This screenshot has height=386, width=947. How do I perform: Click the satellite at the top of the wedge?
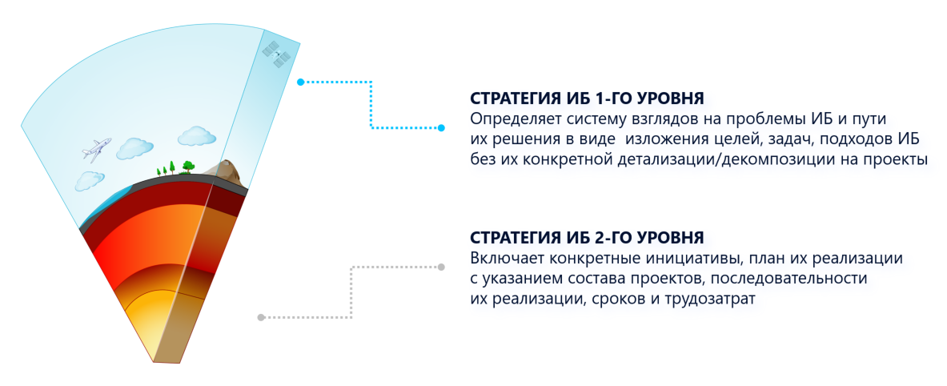(x=277, y=54)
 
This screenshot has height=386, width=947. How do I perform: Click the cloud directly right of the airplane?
(x=134, y=148)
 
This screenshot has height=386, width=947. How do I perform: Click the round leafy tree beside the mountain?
(x=188, y=166)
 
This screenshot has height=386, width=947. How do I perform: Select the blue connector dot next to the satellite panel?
(x=300, y=82)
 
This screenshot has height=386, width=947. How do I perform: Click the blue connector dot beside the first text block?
(x=441, y=127)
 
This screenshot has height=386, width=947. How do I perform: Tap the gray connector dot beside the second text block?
(x=441, y=267)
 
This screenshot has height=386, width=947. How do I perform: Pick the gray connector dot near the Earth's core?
(x=261, y=317)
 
